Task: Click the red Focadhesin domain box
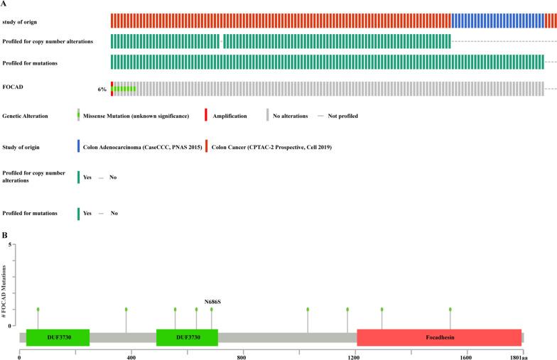pyautogui.click(x=439, y=337)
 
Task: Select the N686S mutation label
pyautogui.click(x=212, y=300)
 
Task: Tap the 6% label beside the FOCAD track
pyautogui.click(x=102, y=89)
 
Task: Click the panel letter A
pyautogui.click(x=4, y=4)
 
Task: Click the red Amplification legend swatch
pyautogui.click(x=205, y=115)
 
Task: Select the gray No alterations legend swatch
pyautogui.click(x=267, y=115)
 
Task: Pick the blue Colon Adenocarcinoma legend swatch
pyautogui.click(x=78, y=147)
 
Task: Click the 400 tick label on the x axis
pyautogui.click(x=131, y=354)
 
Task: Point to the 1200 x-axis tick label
pyautogui.click(x=354, y=354)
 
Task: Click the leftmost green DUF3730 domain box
pyautogui.click(x=58, y=337)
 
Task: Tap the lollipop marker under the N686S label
pyautogui.click(x=211, y=310)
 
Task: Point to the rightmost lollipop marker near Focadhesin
pyautogui.click(x=450, y=310)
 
